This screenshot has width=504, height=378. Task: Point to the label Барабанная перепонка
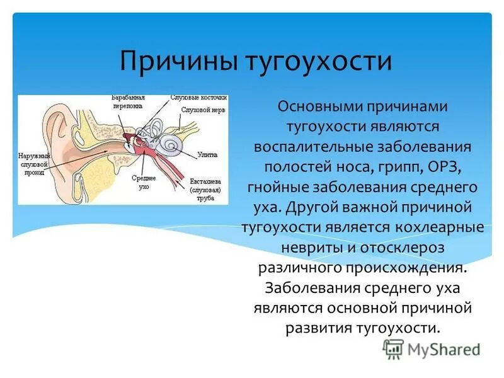click(x=128, y=103)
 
